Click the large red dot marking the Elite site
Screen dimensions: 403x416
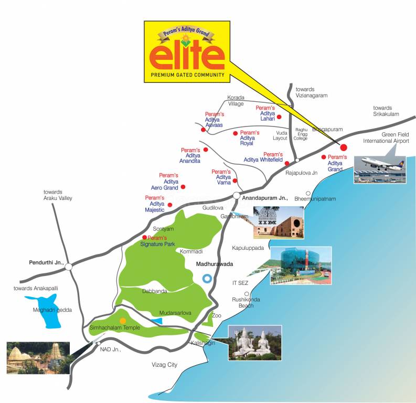click(344, 147)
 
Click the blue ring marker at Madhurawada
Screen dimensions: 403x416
click(208, 279)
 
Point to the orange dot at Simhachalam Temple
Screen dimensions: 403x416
click(123, 321)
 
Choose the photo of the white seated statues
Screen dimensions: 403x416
click(255, 342)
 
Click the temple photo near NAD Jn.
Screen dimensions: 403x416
click(38, 358)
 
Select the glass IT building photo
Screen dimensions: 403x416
click(301, 266)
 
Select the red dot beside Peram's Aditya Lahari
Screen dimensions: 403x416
click(279, 116)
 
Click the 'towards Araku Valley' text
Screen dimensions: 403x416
click(58, 195)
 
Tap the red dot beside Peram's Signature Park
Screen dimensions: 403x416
click(144, 237)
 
